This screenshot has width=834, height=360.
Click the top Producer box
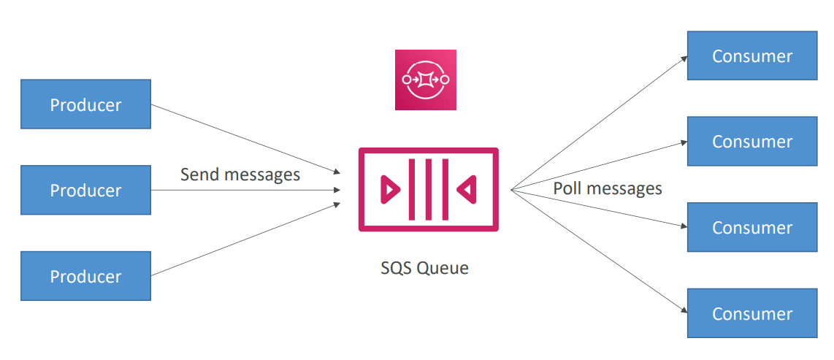click(x=85, y=104)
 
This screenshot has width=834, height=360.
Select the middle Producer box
click(x=85, y=190)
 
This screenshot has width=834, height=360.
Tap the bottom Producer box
click(x=85, y=276)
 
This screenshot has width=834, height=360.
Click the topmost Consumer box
click(x=751, y=55)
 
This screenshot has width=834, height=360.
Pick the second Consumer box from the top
click(x=751, y=141)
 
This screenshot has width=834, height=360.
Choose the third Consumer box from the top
click(x=751, y=227)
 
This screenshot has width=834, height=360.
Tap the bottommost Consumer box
click(x=751, y=313)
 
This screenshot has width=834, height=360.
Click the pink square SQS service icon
click(x=426, y=80)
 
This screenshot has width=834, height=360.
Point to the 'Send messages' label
click(x=240, y=175)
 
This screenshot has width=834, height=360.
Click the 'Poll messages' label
click(x=608, y=188)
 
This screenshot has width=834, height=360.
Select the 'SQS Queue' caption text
click(x=424, y=268)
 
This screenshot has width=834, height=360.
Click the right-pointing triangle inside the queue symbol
click(x=390, y=190)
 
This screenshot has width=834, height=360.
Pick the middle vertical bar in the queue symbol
click(x=428, y=190)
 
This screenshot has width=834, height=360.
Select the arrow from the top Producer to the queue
click(x=245, y=139)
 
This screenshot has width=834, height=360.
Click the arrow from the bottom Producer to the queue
click(x=245, y=240)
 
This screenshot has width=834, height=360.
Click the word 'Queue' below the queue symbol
click(x=443, y=268)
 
